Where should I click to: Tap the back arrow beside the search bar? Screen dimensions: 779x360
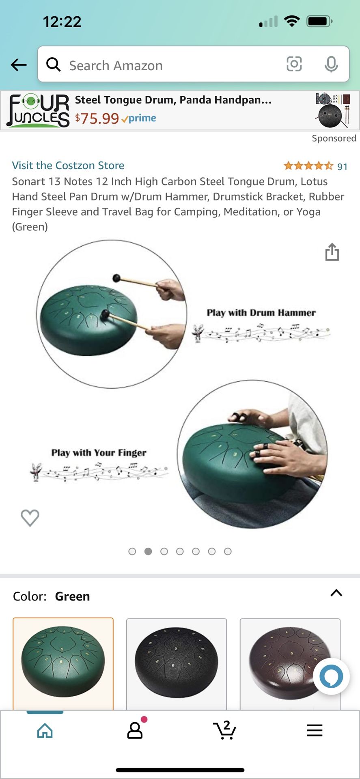19,65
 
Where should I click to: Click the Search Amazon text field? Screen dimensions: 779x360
162,65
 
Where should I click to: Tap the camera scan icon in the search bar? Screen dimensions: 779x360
294,64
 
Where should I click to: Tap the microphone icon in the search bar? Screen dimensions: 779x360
331,64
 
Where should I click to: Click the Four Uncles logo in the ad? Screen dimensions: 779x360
38,110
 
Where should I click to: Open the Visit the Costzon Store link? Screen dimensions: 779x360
68,166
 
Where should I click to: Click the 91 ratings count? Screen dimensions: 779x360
342,167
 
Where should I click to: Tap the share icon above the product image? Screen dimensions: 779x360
332,252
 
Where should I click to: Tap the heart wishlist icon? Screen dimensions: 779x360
30,518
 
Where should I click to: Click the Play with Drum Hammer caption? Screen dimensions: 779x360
261,313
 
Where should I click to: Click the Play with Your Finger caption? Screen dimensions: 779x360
99,453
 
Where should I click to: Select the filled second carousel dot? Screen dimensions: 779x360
148,551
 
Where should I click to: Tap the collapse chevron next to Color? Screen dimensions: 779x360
336,593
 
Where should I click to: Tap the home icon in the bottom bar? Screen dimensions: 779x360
45,731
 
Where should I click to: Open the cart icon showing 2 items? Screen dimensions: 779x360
224,730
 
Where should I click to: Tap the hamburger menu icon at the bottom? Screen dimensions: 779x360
315,730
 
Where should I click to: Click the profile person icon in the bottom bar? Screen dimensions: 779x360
135,730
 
